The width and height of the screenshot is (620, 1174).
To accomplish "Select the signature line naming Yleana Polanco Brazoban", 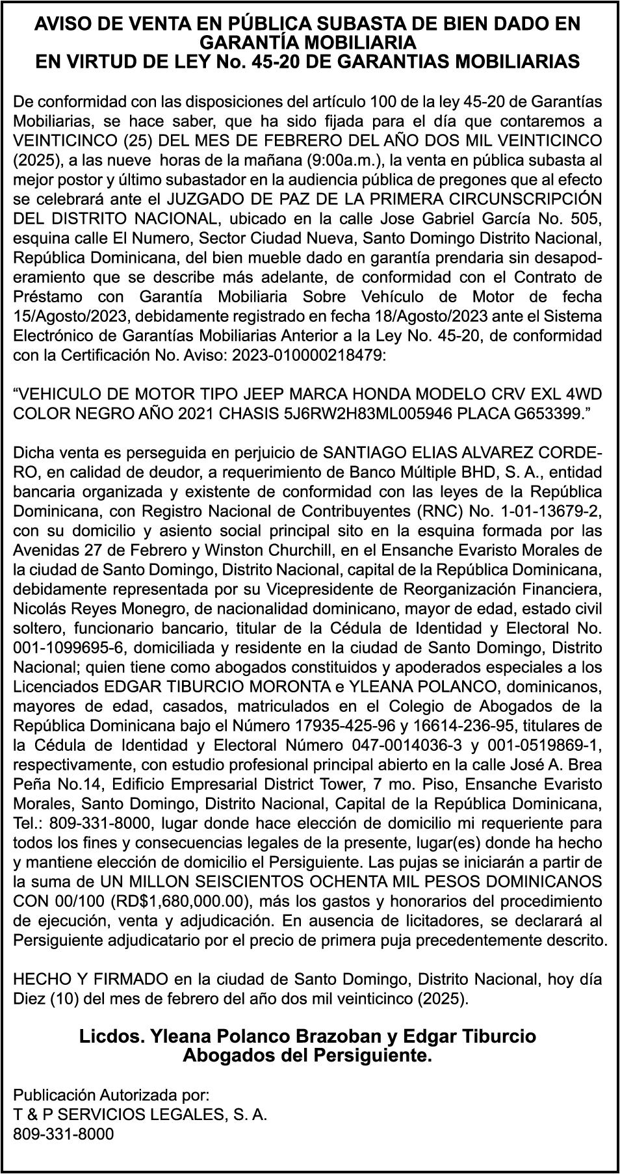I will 308,1036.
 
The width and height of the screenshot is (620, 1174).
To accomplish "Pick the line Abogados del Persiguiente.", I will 308,1055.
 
